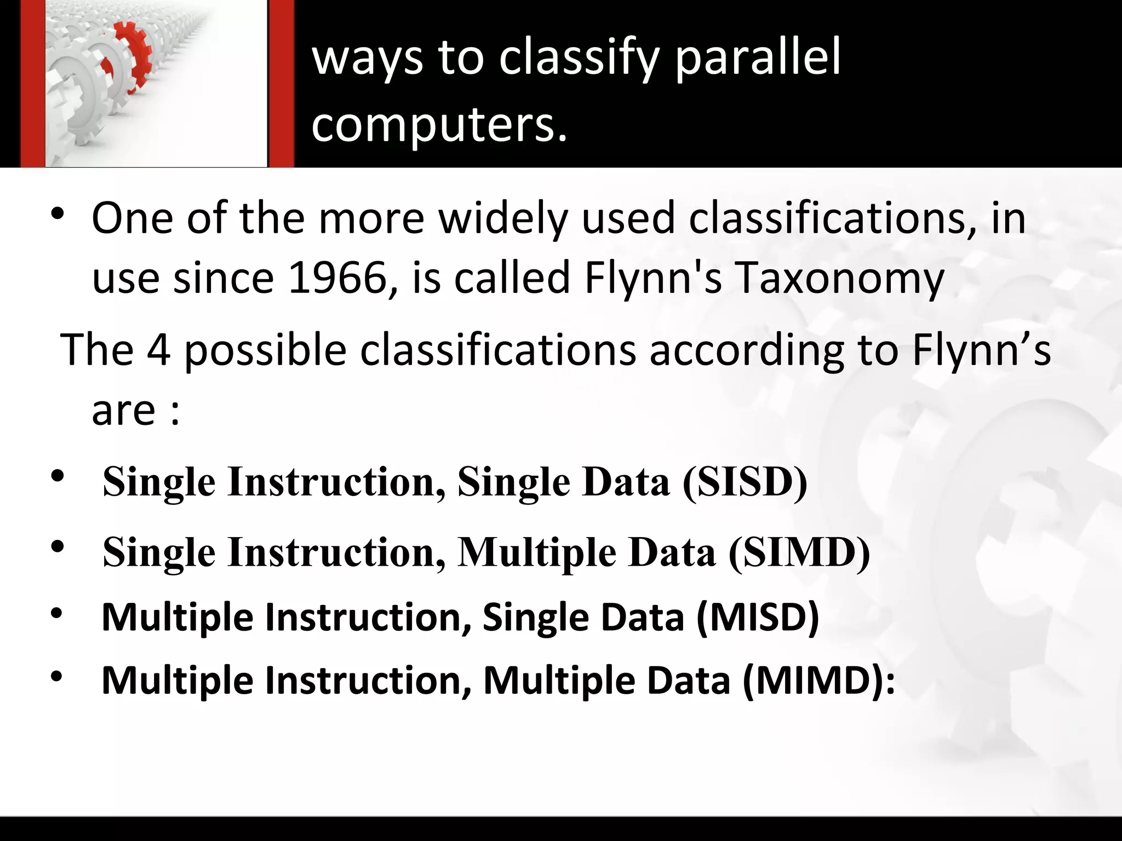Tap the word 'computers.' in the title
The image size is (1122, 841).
[x=439, y=124]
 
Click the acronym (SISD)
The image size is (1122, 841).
[x=745, y=482]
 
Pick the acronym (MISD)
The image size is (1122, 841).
[x=757, y=617]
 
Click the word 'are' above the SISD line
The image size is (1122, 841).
[x=123, y=411]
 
